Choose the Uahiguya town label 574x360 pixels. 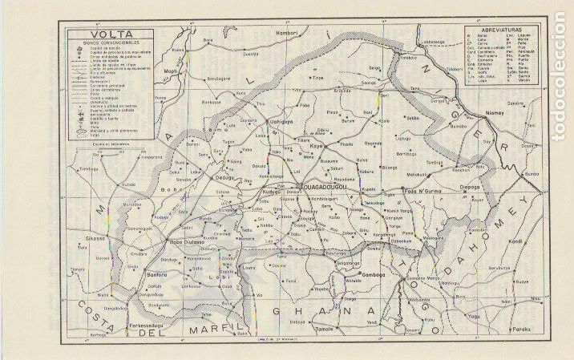click(x=278, y=120)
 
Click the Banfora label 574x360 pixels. click(x=164, y=275)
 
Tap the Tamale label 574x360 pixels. click(x=325, y=328)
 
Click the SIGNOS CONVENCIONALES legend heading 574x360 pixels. click(x=105, y=44)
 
